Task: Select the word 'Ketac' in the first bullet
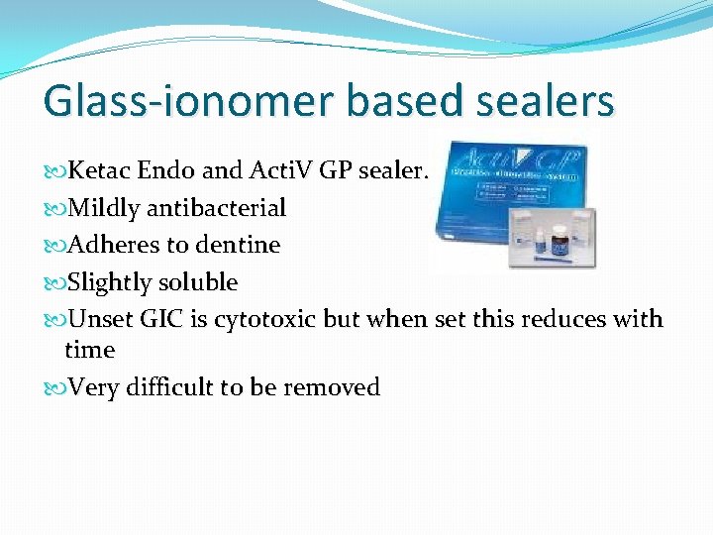100,170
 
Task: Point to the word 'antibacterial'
216,208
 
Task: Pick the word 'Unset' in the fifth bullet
99,320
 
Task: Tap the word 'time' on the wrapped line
89,350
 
